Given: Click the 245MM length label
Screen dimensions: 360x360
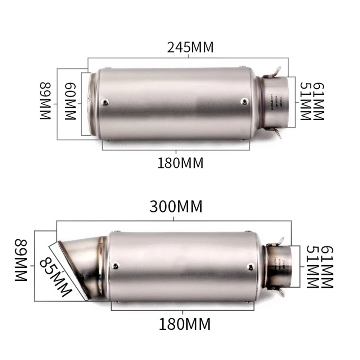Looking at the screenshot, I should point(190,47).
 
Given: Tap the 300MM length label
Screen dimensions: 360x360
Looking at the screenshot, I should point(176,207).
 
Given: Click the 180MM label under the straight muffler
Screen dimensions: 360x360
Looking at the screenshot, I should point(180,163).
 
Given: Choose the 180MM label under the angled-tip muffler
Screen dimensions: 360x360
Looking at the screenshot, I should point(184,324).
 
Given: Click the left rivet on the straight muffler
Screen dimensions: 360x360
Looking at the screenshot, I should point(105,102).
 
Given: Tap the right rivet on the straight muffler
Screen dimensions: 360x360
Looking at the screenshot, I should point(244,101).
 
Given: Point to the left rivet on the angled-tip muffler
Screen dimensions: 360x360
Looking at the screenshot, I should point(115,266).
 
